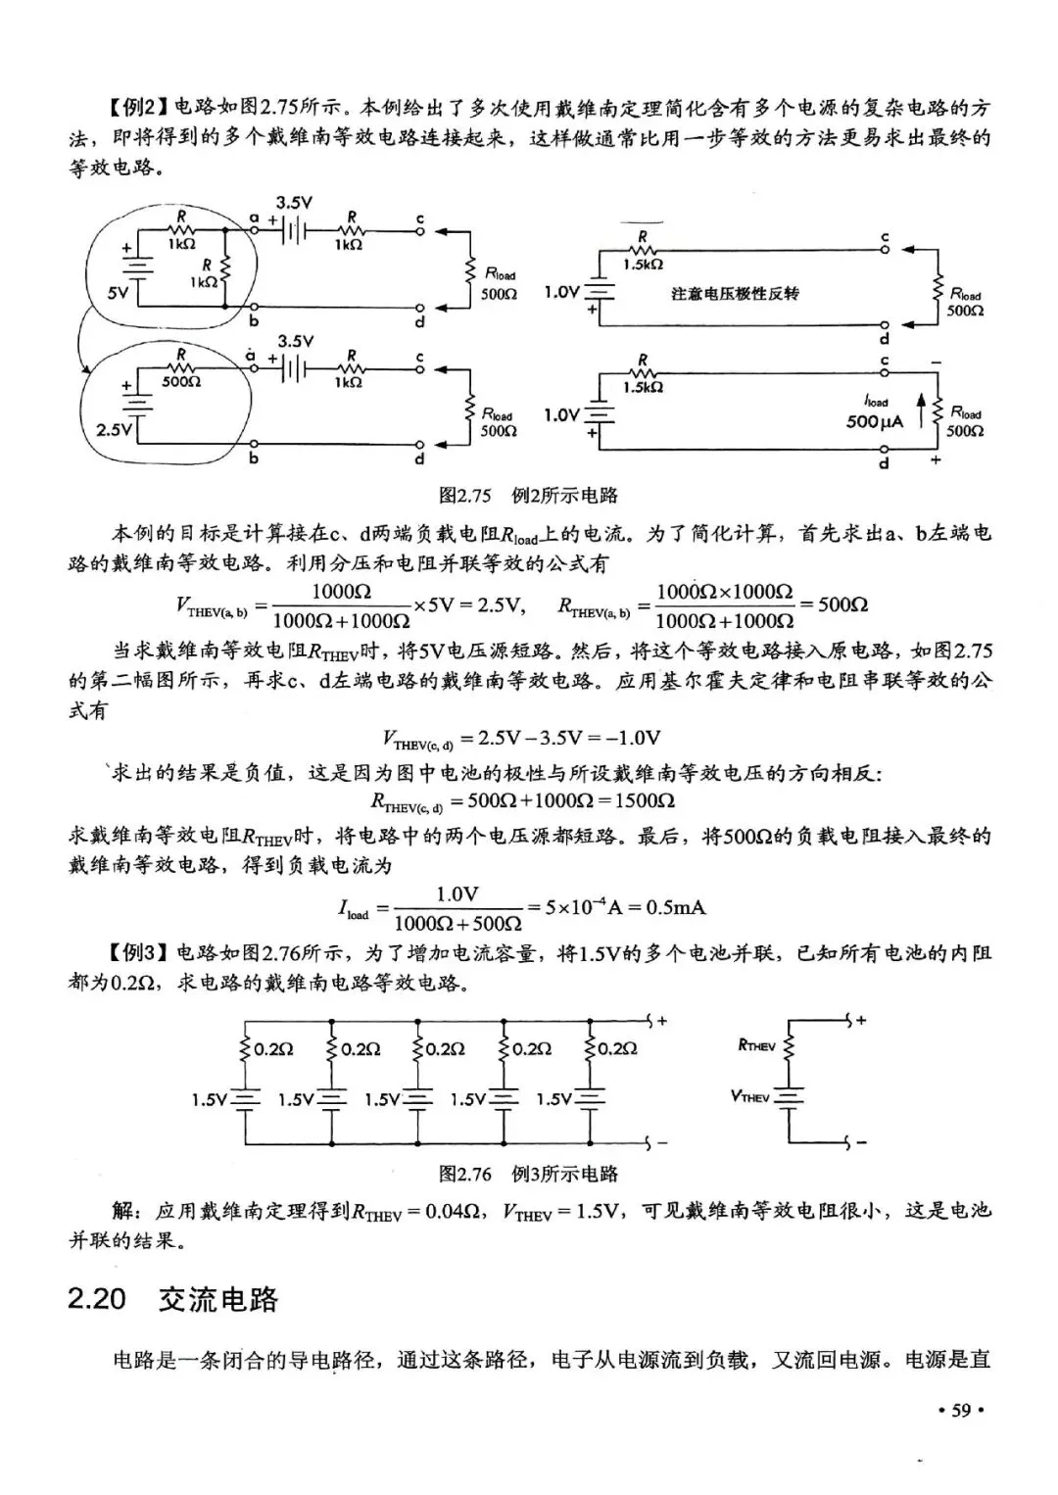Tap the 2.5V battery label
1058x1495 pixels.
(x=114, y=429)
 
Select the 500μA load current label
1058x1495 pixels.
(x=875, y=422)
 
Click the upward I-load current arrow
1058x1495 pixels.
(x=921, y=410)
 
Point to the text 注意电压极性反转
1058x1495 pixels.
(x=735, y=294)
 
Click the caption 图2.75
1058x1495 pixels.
(x=464, y=495)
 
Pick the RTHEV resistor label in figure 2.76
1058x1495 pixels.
(x=756, y=1046)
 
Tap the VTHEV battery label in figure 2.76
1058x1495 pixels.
(x=750, y=1095)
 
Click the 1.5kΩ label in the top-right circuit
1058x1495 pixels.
(x=643, y=265)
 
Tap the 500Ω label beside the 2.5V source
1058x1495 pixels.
(x=181, y=382)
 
